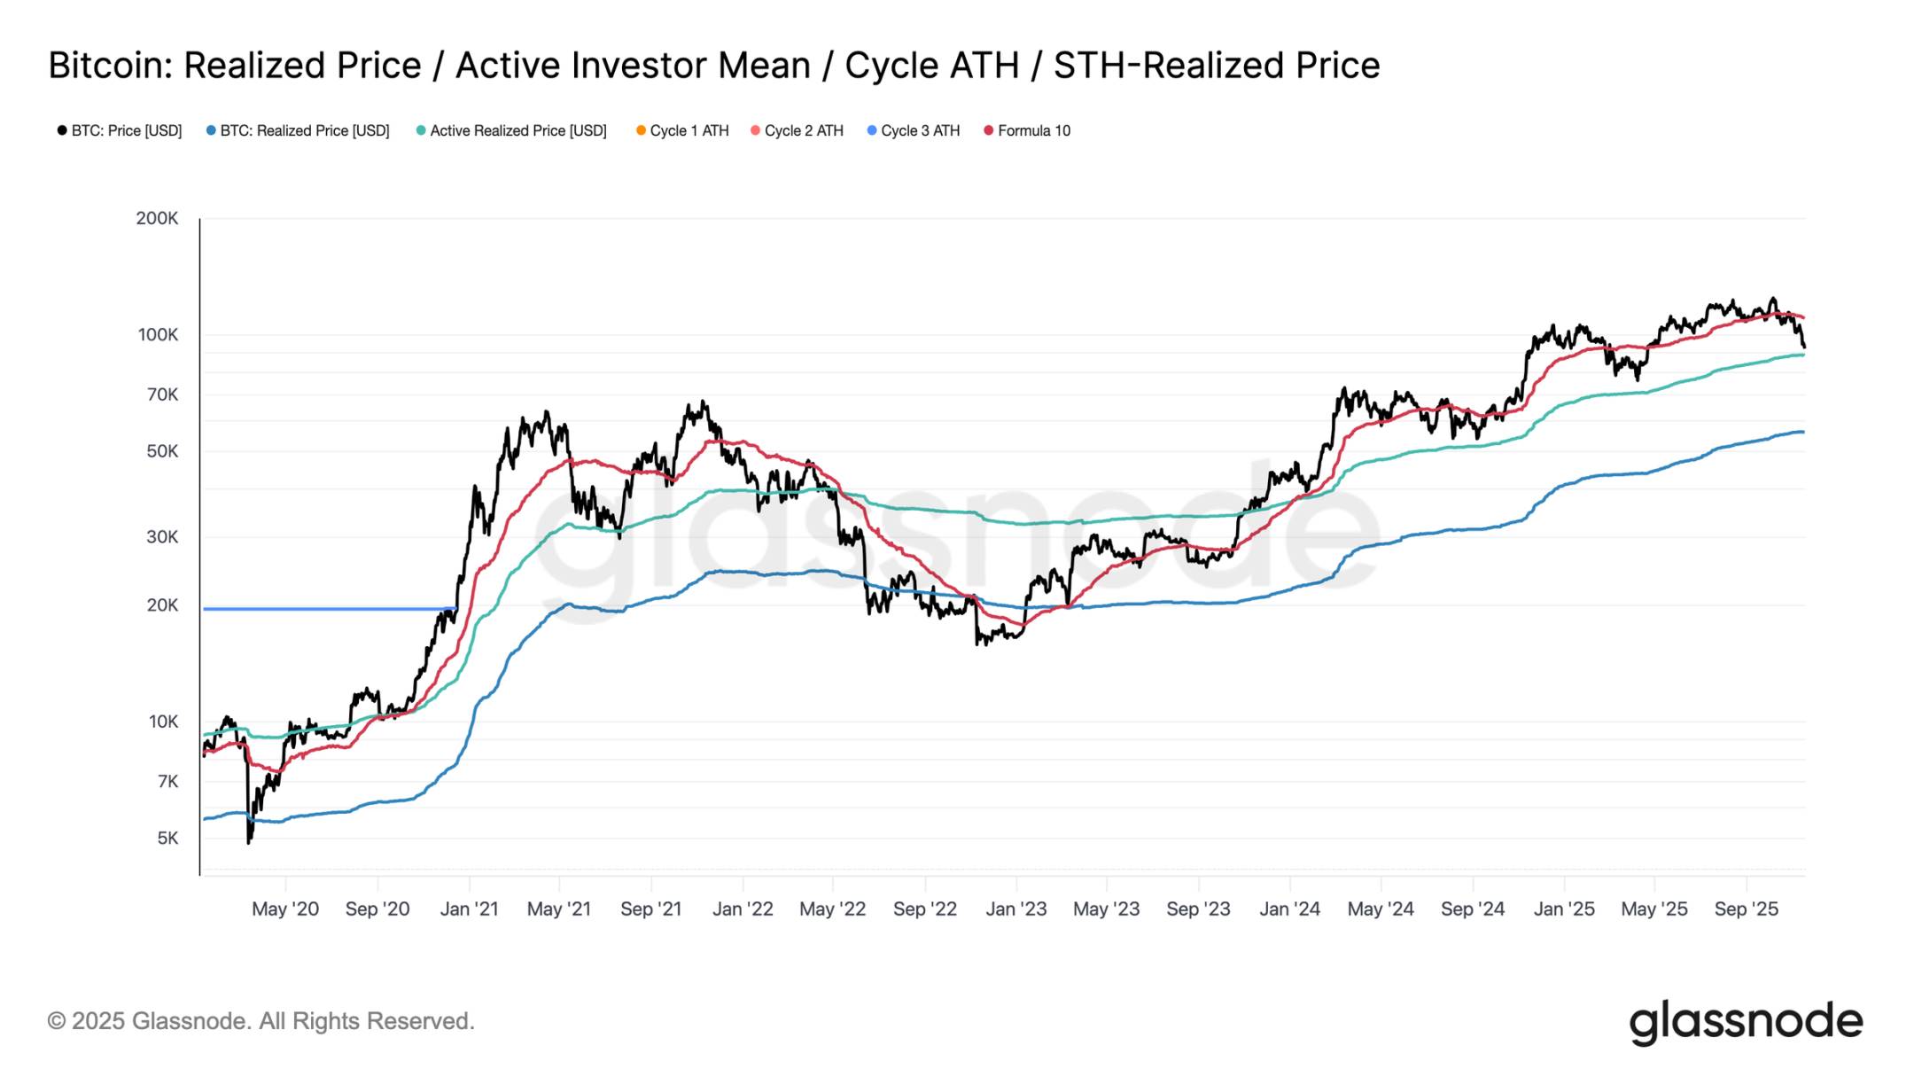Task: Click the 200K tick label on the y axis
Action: click(157, 218)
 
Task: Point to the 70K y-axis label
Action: click(162, 394)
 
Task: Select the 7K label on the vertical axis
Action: click(167, 782)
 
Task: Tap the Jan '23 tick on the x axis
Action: click(1016, 909)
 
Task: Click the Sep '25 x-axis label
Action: click(1746, 909)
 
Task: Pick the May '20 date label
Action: click(285, 909)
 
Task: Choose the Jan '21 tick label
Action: click(469, 909)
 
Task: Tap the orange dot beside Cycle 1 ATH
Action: click(641, 130)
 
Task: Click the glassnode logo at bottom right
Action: click(1746, 1022)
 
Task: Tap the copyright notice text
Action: click(261, 1021)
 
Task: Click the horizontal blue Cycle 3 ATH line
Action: click(328, 609)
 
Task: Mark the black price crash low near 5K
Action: click(249, 840)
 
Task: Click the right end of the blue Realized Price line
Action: click(1802, 432)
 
